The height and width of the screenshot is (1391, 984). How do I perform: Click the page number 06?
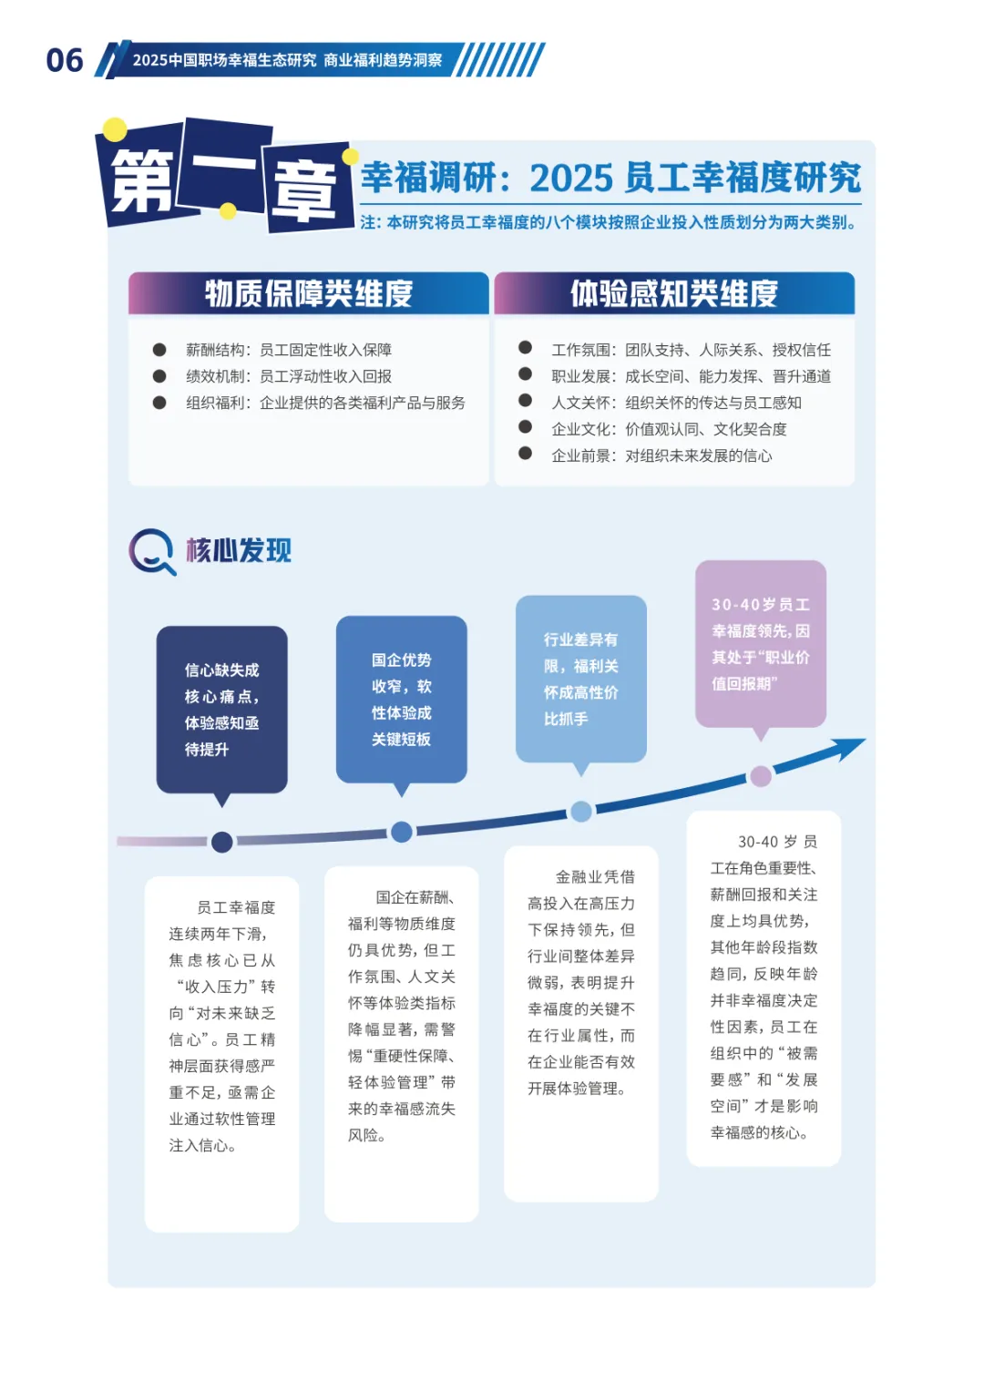click(65, 60)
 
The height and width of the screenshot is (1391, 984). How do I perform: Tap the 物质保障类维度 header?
click(308, 293)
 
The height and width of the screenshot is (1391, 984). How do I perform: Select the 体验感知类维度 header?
click(673, 293)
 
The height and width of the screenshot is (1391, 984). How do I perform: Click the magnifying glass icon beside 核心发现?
click(151, 551)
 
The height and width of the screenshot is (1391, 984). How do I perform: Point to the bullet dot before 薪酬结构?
click(159, 350)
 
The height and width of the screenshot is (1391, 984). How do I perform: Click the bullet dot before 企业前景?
click(525, 454)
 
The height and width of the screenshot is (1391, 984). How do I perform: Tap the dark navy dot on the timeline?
click(221, 842)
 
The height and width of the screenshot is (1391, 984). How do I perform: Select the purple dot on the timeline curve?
click(761, 776)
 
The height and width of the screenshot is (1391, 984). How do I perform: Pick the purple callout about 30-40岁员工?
click(760, 643)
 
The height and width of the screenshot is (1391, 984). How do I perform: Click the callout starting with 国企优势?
click(401, 699)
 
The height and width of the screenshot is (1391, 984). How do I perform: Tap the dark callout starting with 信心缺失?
click(221, 709)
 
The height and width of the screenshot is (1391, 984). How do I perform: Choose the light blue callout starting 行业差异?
click(580, 679)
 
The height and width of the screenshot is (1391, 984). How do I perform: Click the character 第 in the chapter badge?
click(141, 179)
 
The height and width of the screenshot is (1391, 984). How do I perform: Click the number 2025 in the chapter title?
click(574, 179)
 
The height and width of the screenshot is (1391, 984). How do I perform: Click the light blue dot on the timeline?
click(581, 811)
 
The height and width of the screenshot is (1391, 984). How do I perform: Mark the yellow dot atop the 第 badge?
click(115, 129)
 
